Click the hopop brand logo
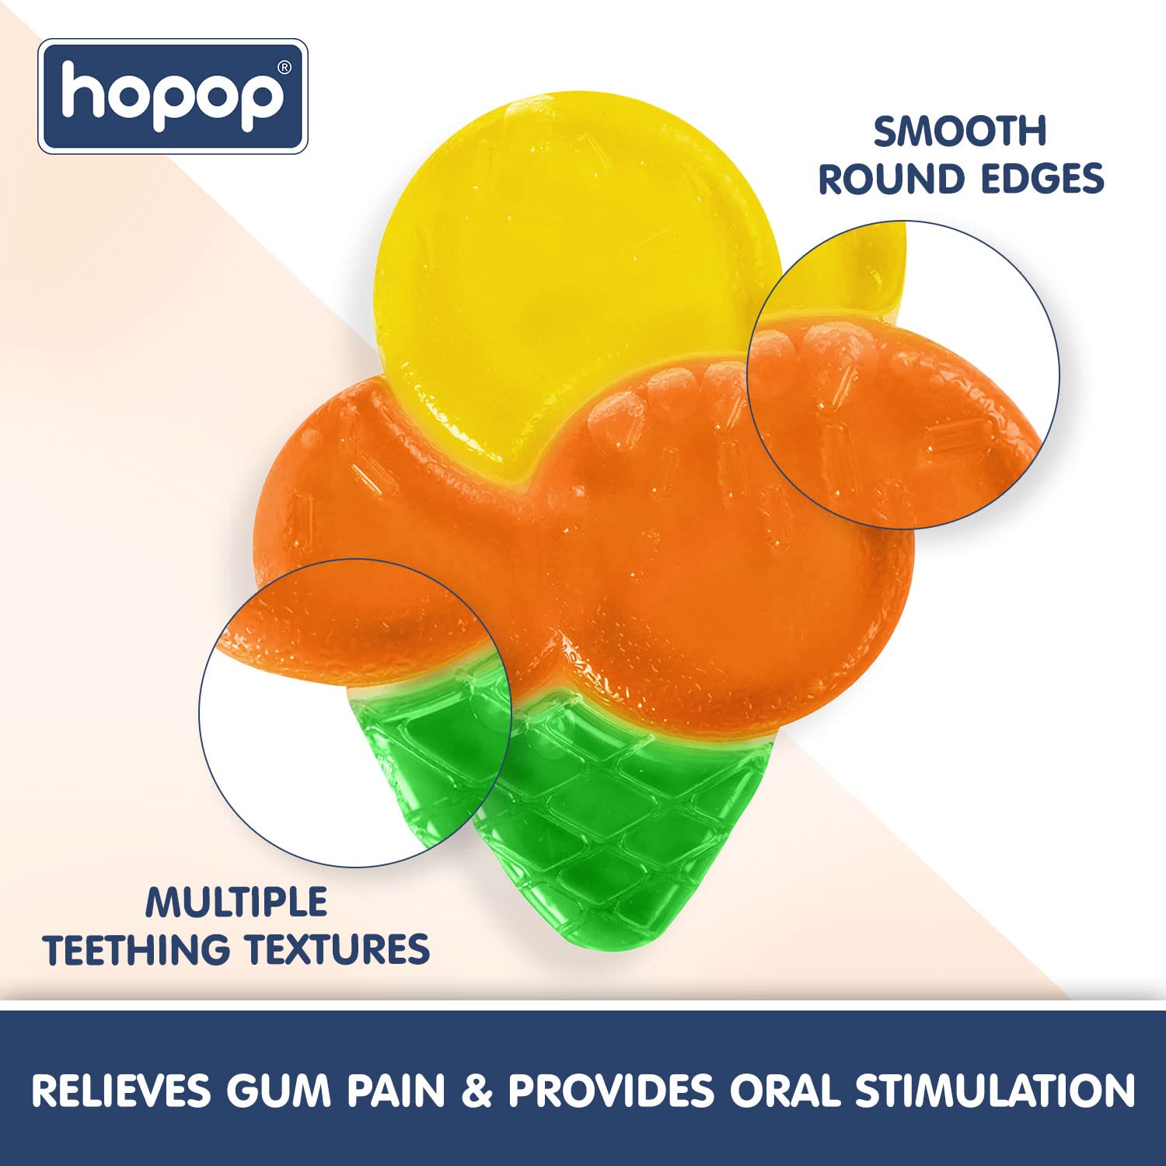(173, 96)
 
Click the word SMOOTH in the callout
(960, 131)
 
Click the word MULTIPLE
(236, 902)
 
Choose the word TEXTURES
(337, 950)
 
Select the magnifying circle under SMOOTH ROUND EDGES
(903, 375)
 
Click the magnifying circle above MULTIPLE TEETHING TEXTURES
(354, 712)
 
